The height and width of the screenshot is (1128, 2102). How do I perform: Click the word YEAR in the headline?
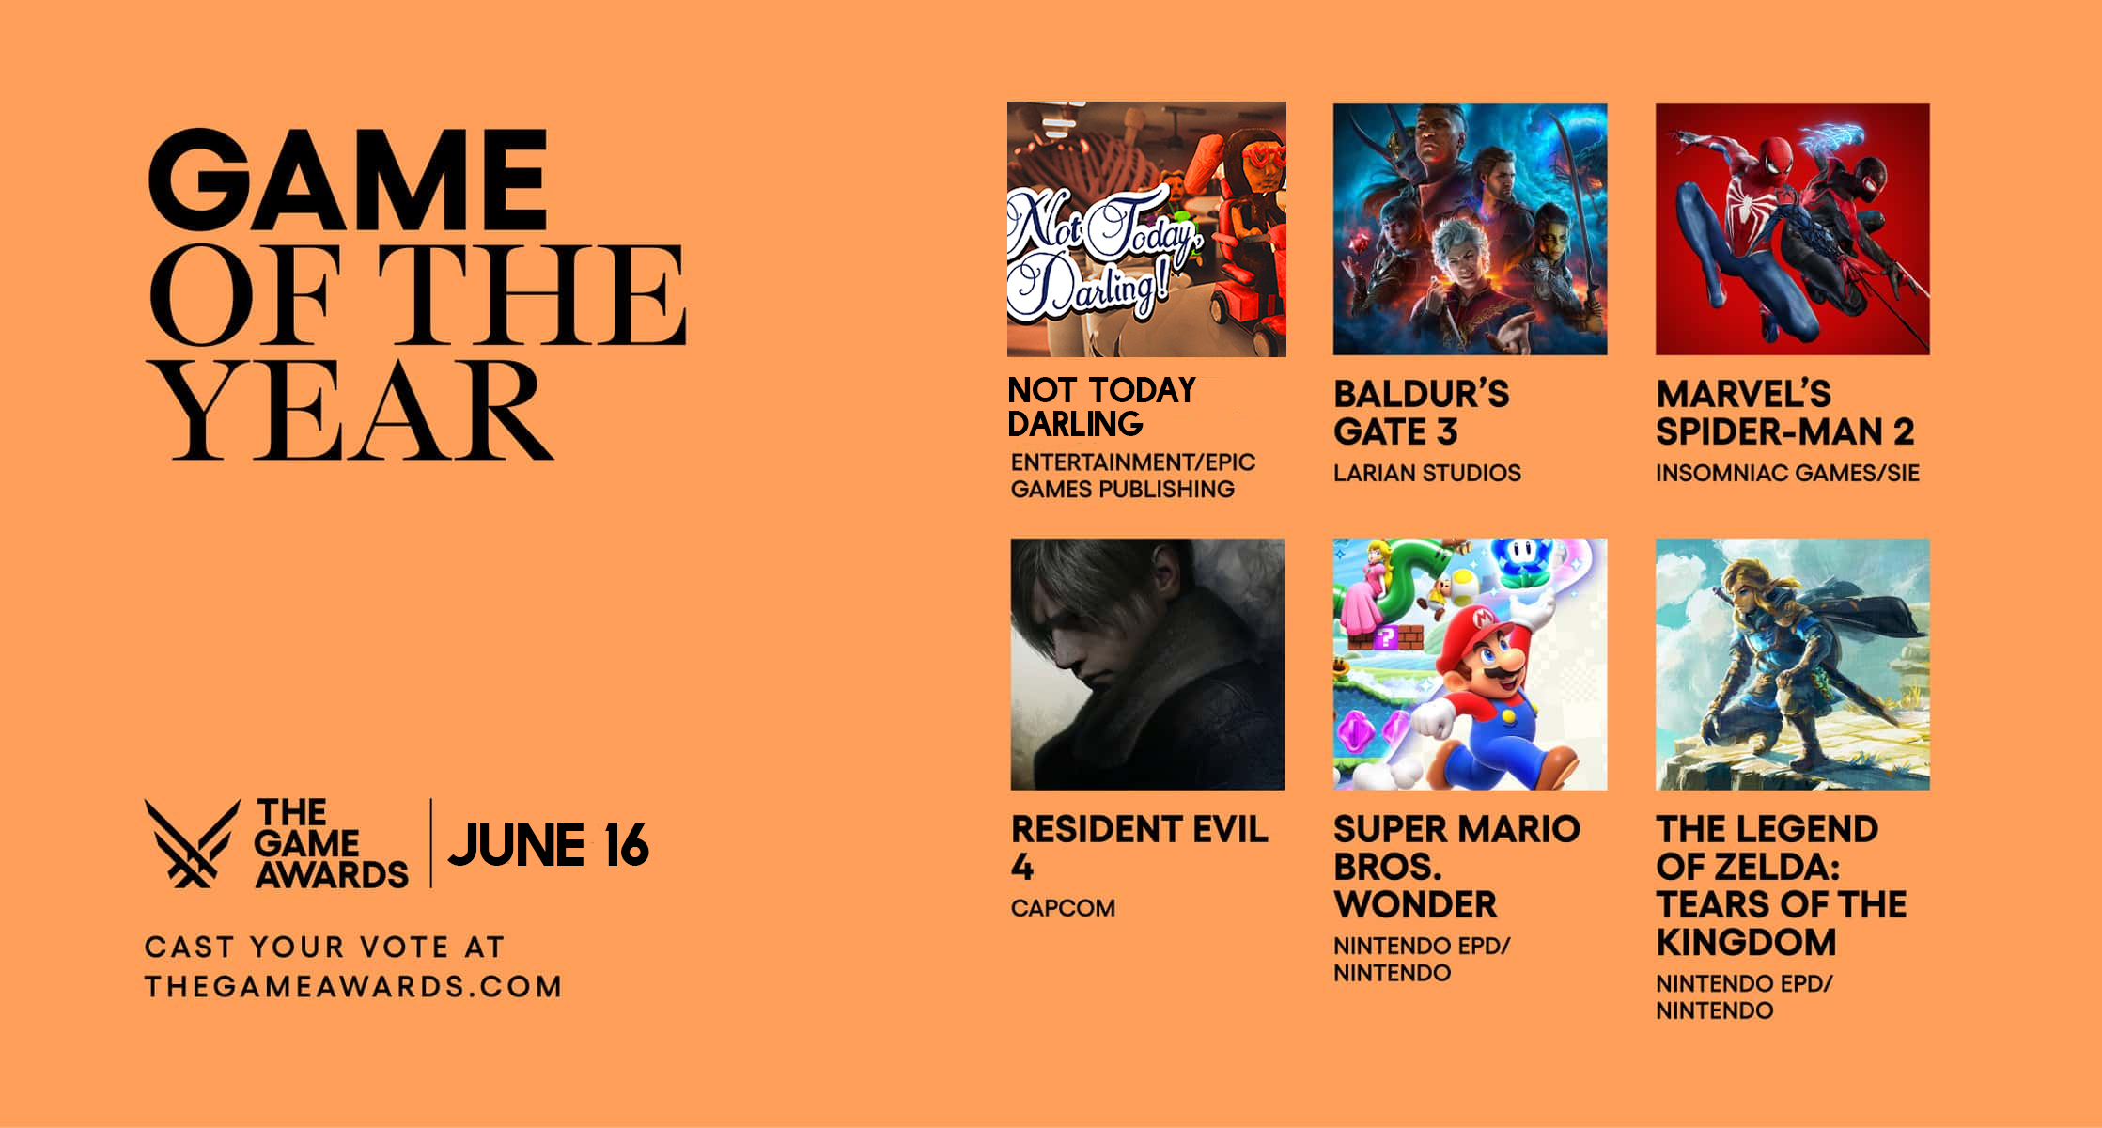(350, 412)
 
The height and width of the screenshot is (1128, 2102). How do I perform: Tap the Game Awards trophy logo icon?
(191, 843)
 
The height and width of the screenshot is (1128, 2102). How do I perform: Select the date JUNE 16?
(549, 844)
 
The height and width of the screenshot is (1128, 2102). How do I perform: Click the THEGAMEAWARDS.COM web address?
(353, 986)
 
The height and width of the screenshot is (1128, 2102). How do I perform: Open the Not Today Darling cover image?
(1146, 229)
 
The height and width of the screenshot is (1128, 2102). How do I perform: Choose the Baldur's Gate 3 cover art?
(1470, 229)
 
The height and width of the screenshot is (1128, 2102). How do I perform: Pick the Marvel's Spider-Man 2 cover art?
(1793, 229)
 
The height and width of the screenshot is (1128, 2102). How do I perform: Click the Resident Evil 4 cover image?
(1147, 665)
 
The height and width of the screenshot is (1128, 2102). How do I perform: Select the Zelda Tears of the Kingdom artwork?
(1793, 665)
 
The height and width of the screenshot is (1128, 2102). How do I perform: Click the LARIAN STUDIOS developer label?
(1427, 473)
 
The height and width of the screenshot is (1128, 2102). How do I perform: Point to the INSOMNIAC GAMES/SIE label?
(1787, 473)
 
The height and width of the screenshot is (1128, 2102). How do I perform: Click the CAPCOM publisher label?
(1063, 908)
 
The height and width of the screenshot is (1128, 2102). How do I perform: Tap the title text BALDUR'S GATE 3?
(1422, 413)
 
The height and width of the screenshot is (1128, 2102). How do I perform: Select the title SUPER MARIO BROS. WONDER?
(1456, 867)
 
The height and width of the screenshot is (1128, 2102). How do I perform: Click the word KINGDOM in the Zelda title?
(1746, 942)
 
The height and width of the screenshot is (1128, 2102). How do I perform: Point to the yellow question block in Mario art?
(1385, 638)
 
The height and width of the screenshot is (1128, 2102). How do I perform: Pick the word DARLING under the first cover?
(1075, 424)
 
